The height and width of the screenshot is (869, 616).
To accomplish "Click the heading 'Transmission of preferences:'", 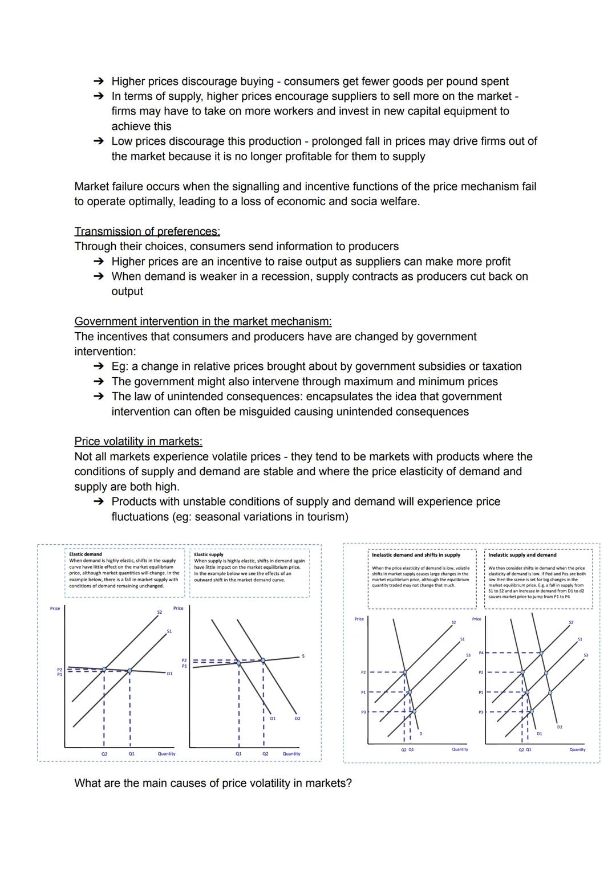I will (x=147, y=231).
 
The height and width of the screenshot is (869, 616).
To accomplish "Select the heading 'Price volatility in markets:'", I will (x=138, y=442).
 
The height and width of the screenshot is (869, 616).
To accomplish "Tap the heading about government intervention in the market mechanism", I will (x=202, y=321).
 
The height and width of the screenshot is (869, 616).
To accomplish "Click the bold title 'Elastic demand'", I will (x=86, y=554).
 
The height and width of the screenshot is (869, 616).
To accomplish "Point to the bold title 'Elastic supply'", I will (x=209, y=554).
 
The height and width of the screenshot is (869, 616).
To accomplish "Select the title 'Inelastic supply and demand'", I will (x=522, y=555).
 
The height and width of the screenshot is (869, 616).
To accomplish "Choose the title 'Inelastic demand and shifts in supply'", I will (x=416, y=555).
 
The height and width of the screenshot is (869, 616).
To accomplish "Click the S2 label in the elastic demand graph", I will (x=160, y=612).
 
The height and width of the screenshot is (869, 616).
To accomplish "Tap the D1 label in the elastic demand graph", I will (x=169, y=674).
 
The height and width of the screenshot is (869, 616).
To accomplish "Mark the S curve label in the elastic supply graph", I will (x=303, y=656).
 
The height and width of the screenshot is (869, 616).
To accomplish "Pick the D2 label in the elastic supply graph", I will (x=297, y=719).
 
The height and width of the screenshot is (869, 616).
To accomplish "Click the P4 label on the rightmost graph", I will (x=481, y=652).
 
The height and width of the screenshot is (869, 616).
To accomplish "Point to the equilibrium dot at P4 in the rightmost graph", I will (x=541, y=652).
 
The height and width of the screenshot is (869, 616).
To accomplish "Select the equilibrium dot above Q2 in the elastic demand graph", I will (x=104, y=669).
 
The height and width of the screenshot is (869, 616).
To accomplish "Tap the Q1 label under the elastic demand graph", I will (x=131, y=753).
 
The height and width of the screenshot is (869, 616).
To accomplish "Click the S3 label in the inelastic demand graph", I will (x=468, y=655).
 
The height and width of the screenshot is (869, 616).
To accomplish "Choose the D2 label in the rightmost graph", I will (x=560, y=727).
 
